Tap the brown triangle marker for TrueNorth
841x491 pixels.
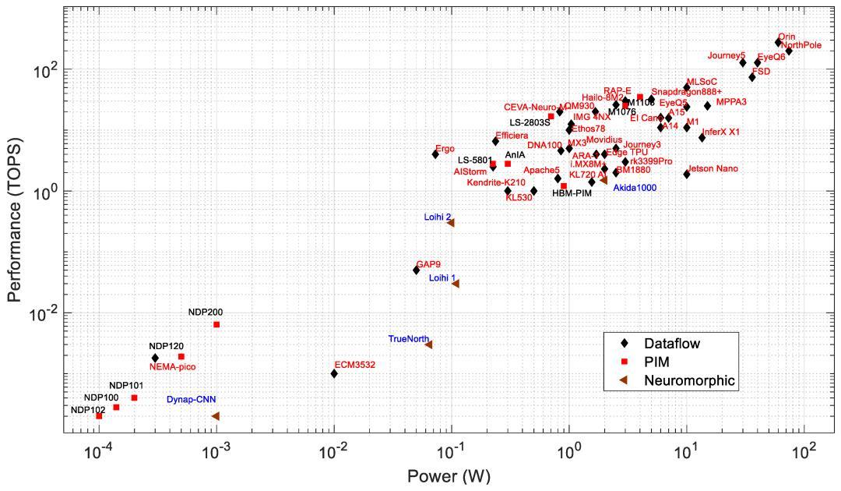point(428,344)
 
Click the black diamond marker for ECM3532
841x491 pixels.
point(334,374)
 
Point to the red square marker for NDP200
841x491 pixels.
point(216,324)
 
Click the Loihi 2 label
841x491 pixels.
point(438,217)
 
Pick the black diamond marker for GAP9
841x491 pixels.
point(416,270)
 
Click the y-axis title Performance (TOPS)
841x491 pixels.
point(14,221)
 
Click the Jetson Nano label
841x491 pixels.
point(713,169)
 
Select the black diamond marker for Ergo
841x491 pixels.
point(435,154)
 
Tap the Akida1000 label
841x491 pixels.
point(635,189)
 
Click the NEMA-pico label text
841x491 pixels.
point(173,366)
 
